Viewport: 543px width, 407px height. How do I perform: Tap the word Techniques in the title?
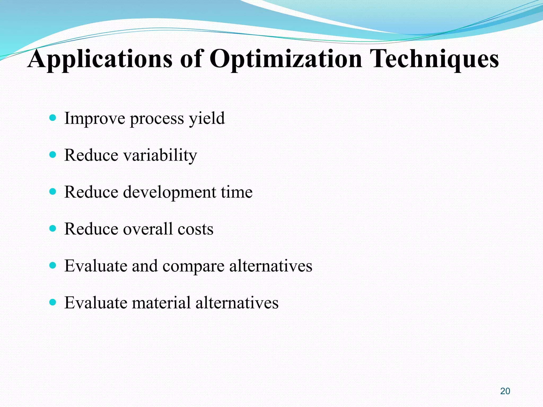click(434, 59)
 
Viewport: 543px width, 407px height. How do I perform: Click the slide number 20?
click(505, 391)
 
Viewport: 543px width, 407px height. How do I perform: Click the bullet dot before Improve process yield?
click(53, 118)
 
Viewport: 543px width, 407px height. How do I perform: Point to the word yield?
click(207, 118)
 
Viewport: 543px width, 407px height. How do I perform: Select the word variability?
click(160, 155)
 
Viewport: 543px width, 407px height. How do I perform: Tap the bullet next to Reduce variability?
click(53, 154)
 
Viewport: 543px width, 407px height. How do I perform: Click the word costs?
click(195, 229)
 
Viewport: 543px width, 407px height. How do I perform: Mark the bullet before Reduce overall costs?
click(53, 228)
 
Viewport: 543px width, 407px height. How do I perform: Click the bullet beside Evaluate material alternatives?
click(53, 302)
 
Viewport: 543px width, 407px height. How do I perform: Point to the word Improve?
click(95, 118)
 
